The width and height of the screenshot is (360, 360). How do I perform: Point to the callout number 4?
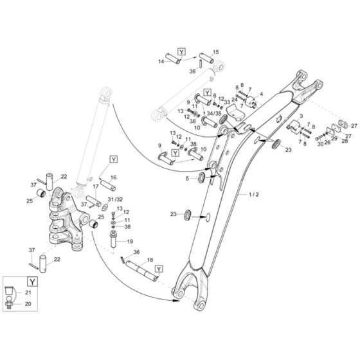(262, 94)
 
